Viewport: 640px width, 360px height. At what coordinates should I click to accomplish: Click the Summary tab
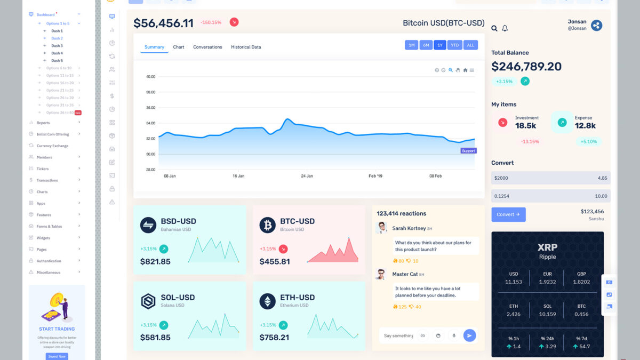154,47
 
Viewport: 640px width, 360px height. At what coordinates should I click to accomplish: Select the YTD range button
454,45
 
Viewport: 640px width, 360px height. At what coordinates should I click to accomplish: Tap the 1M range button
411,45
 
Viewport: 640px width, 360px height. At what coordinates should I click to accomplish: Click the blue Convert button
508,214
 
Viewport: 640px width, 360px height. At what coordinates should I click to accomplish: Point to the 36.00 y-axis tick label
150,108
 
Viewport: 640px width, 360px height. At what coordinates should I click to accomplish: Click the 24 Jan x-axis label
307,175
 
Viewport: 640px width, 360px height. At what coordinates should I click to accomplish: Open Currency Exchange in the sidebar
52,146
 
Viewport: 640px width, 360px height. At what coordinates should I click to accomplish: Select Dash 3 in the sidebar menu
57,46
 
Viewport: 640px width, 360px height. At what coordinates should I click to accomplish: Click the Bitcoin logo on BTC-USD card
268,225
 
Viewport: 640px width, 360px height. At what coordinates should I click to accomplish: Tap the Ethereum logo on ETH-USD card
268,301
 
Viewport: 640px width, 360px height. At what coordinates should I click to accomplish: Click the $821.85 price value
155,261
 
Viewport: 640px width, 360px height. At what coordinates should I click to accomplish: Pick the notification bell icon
505,28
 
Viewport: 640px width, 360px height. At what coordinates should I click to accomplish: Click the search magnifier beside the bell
494,28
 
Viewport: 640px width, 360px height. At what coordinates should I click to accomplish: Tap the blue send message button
469,335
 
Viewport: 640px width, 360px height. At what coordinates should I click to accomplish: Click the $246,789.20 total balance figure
526,67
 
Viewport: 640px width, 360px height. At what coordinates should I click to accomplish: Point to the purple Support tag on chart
468,151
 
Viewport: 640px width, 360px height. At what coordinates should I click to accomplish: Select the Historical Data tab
246,47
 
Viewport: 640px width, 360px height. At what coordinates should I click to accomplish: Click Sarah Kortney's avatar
381,228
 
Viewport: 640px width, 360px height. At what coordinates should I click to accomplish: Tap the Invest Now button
57,356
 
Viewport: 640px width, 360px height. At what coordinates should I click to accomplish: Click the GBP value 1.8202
581,282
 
